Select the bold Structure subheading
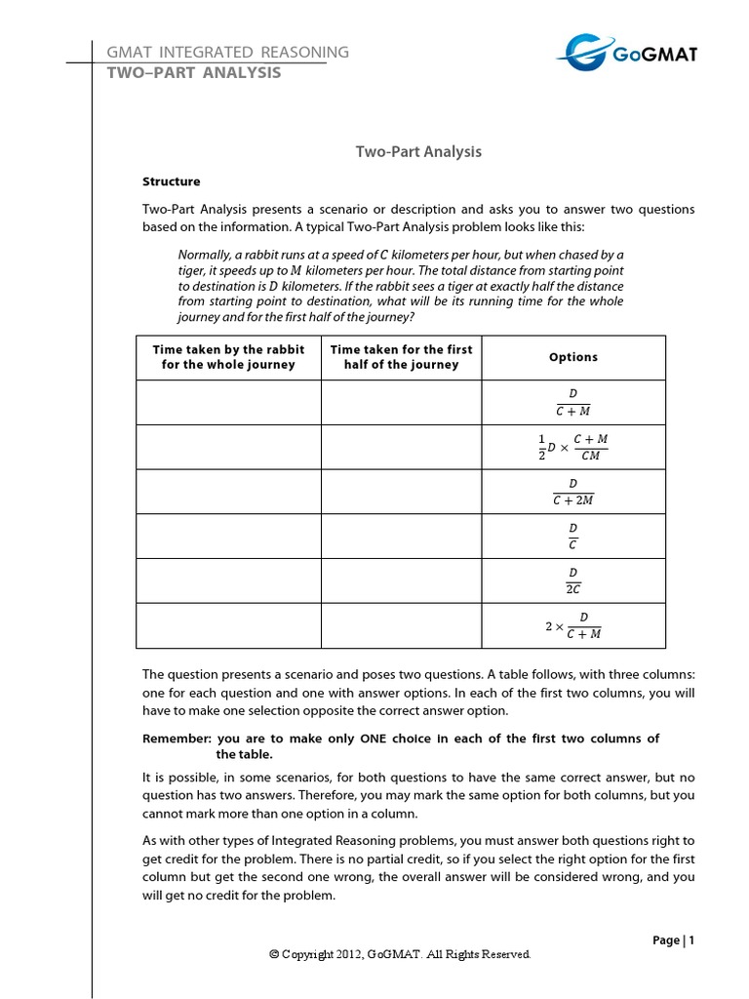point(172,181)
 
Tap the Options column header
point(573,357)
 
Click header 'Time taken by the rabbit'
point(228,357)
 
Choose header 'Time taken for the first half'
point(401,357)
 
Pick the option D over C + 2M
point(573,492)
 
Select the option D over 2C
point(573,581)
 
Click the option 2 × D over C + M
point(573,625)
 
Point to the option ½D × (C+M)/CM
point(573,448)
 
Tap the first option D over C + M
point(573,402)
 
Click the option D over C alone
point(573,537)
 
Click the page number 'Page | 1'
point(673,940)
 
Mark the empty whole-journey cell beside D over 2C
point(228,581)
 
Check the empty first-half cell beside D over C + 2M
point(401,492)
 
